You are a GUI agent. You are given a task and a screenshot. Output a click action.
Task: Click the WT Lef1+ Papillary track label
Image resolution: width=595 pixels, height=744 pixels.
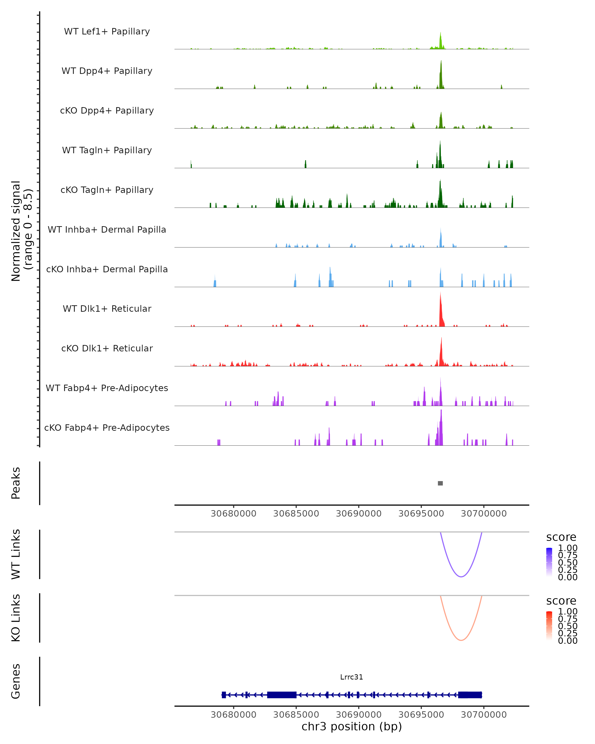tap(107, 31)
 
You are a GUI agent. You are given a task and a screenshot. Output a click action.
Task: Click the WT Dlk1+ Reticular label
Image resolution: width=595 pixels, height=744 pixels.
tap(107, 309)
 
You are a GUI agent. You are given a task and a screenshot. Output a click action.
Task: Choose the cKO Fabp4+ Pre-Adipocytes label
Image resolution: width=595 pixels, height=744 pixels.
tap(107, 428)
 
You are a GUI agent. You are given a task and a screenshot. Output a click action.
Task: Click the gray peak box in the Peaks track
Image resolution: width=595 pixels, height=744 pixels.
tap(440, 483)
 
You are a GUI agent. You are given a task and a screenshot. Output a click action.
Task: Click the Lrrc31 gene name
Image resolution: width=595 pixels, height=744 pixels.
tap(352, 677)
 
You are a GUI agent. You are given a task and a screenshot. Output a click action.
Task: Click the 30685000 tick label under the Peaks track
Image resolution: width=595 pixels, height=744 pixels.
tap(296, 514)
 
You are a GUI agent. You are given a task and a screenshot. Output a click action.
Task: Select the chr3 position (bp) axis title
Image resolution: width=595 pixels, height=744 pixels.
tap(352, 727)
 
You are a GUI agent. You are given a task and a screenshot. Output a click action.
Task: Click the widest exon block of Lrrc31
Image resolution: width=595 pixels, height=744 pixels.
tap(282, 695)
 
